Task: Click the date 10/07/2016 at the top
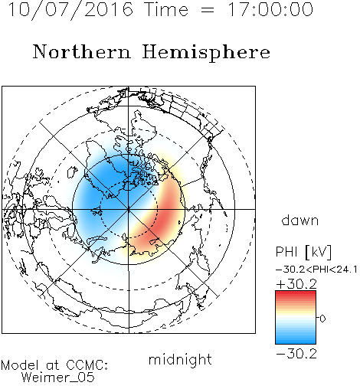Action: click(x=70, y=10)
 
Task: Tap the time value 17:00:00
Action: click(x=270, y=9)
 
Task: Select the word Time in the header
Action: click(x=166, y=9)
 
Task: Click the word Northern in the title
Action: click(x=82, y=51)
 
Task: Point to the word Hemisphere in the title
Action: click(x=206, y=53)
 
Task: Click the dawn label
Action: click(x=300, y=220)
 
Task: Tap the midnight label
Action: click(x=180, y=359)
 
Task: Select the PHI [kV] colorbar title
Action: click(x=303, y=252)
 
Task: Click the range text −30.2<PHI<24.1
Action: click(x=316, y=270)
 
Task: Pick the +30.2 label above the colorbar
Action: click(x=296, y=284)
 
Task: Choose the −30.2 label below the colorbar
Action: click(x=296, y=354)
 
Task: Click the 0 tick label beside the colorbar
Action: click(x=322, y=319)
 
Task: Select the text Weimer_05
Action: click(x=58, y=378)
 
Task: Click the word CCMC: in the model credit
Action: click(x=87, y=365)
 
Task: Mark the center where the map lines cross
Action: click(x=129, y=209)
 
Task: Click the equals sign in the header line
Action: click(x=208, y=11)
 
